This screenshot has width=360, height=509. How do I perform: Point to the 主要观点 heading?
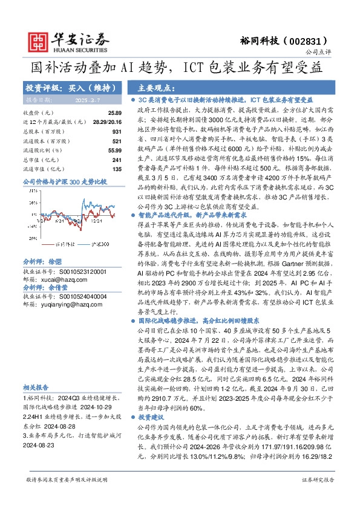pyautogui.click(x=152, y=86)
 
